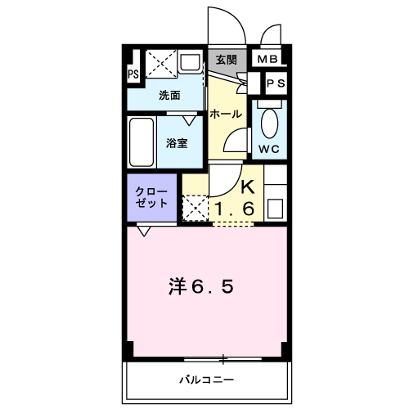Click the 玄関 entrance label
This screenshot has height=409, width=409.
[227, 60]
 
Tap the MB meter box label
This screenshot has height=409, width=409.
[267, 59]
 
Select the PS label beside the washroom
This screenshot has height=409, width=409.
[133, 74]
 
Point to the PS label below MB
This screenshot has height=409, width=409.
[276, 83]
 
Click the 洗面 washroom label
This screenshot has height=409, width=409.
[169, 96]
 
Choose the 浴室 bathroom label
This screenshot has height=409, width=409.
[177, 143]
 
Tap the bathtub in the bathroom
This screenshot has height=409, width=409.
[142, 142]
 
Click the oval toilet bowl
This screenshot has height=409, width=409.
[270, 124]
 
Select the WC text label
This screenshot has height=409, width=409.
[269, 149]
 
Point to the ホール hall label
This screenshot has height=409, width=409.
[226, 114]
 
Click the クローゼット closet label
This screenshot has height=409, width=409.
[151, 197]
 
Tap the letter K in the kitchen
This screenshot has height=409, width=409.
[248, 187]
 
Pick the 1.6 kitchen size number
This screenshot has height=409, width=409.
[235, 209]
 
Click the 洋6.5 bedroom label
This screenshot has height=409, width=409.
[201, 286]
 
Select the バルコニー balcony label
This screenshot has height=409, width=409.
[207, 380]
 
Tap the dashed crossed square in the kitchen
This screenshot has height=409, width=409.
[196, 208]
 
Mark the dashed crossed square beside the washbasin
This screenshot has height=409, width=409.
[161, 64]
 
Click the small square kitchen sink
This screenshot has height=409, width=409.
[275, 209]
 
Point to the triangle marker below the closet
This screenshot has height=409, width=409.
[144, 231]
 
